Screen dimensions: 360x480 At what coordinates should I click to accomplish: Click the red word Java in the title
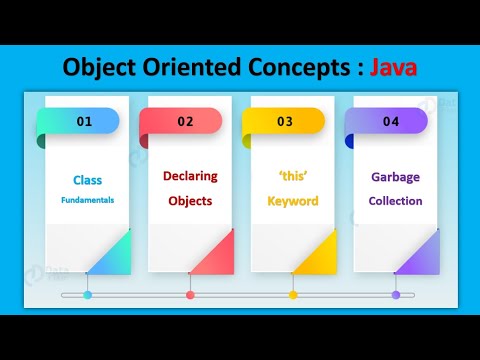394,68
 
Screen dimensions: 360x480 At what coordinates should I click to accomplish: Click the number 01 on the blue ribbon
84,122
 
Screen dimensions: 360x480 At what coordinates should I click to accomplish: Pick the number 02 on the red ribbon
186,122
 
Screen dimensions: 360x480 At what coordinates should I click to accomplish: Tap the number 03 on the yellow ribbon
285,122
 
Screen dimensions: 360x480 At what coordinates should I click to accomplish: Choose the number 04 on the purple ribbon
390,122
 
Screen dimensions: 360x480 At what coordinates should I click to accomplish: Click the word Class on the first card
87,181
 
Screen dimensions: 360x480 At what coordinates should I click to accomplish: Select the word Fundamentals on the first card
87,200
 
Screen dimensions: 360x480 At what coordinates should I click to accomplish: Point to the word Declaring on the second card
190,177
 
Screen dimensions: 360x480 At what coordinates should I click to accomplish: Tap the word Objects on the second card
190,200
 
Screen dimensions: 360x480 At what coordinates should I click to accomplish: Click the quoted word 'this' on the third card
293,177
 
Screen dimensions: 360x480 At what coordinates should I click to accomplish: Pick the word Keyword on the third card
293,201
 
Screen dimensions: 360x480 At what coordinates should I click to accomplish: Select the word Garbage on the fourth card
395,177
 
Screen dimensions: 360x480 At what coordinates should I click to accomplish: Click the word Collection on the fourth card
395,201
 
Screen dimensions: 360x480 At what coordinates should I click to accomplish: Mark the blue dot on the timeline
87,295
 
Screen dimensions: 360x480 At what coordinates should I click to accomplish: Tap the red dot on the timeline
190,295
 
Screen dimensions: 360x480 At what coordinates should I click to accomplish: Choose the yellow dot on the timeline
293,295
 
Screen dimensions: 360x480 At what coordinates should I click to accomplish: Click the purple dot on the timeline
396,295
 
